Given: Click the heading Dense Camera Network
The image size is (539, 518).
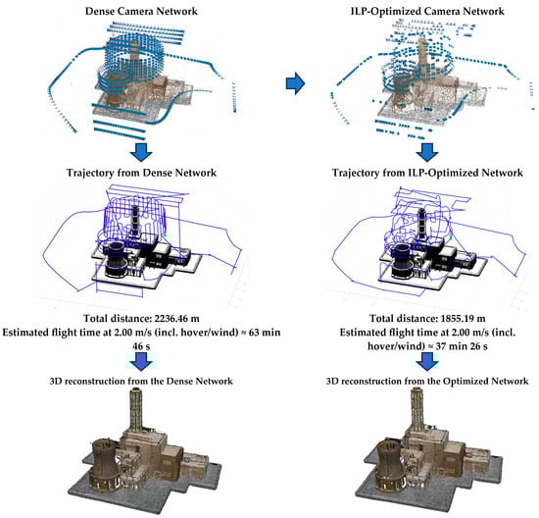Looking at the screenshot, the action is (x=141, y=11).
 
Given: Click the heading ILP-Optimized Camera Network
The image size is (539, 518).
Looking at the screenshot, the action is (x=427, y=11).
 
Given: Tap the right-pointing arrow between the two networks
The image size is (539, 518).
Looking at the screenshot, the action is (x=295, y=83).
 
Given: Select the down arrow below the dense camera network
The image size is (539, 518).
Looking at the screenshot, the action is (x=141, y=152).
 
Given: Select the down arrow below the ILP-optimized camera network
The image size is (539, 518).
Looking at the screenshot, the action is (x=427, y=152).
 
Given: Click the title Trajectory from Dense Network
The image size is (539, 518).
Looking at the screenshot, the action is (x=141, y=173).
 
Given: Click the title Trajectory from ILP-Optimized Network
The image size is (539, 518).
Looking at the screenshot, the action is (x=427, y=173).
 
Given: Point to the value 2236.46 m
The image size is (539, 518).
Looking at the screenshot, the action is (x=176, y=319).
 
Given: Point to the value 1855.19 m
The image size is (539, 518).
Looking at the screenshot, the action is (x=463, y=319).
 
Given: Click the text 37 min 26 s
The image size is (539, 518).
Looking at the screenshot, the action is (x=462, y=346).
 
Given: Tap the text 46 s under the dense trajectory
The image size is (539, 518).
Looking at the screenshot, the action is (x=141, y=346).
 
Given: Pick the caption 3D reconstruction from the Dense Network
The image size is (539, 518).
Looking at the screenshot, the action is (x=141, y=381).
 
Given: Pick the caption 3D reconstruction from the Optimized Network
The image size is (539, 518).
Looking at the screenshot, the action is (x=427, y=381).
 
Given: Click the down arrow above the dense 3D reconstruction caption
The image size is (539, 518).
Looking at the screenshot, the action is (x=141, y=361).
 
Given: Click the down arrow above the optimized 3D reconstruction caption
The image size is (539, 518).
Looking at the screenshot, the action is (x=427, y=361).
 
